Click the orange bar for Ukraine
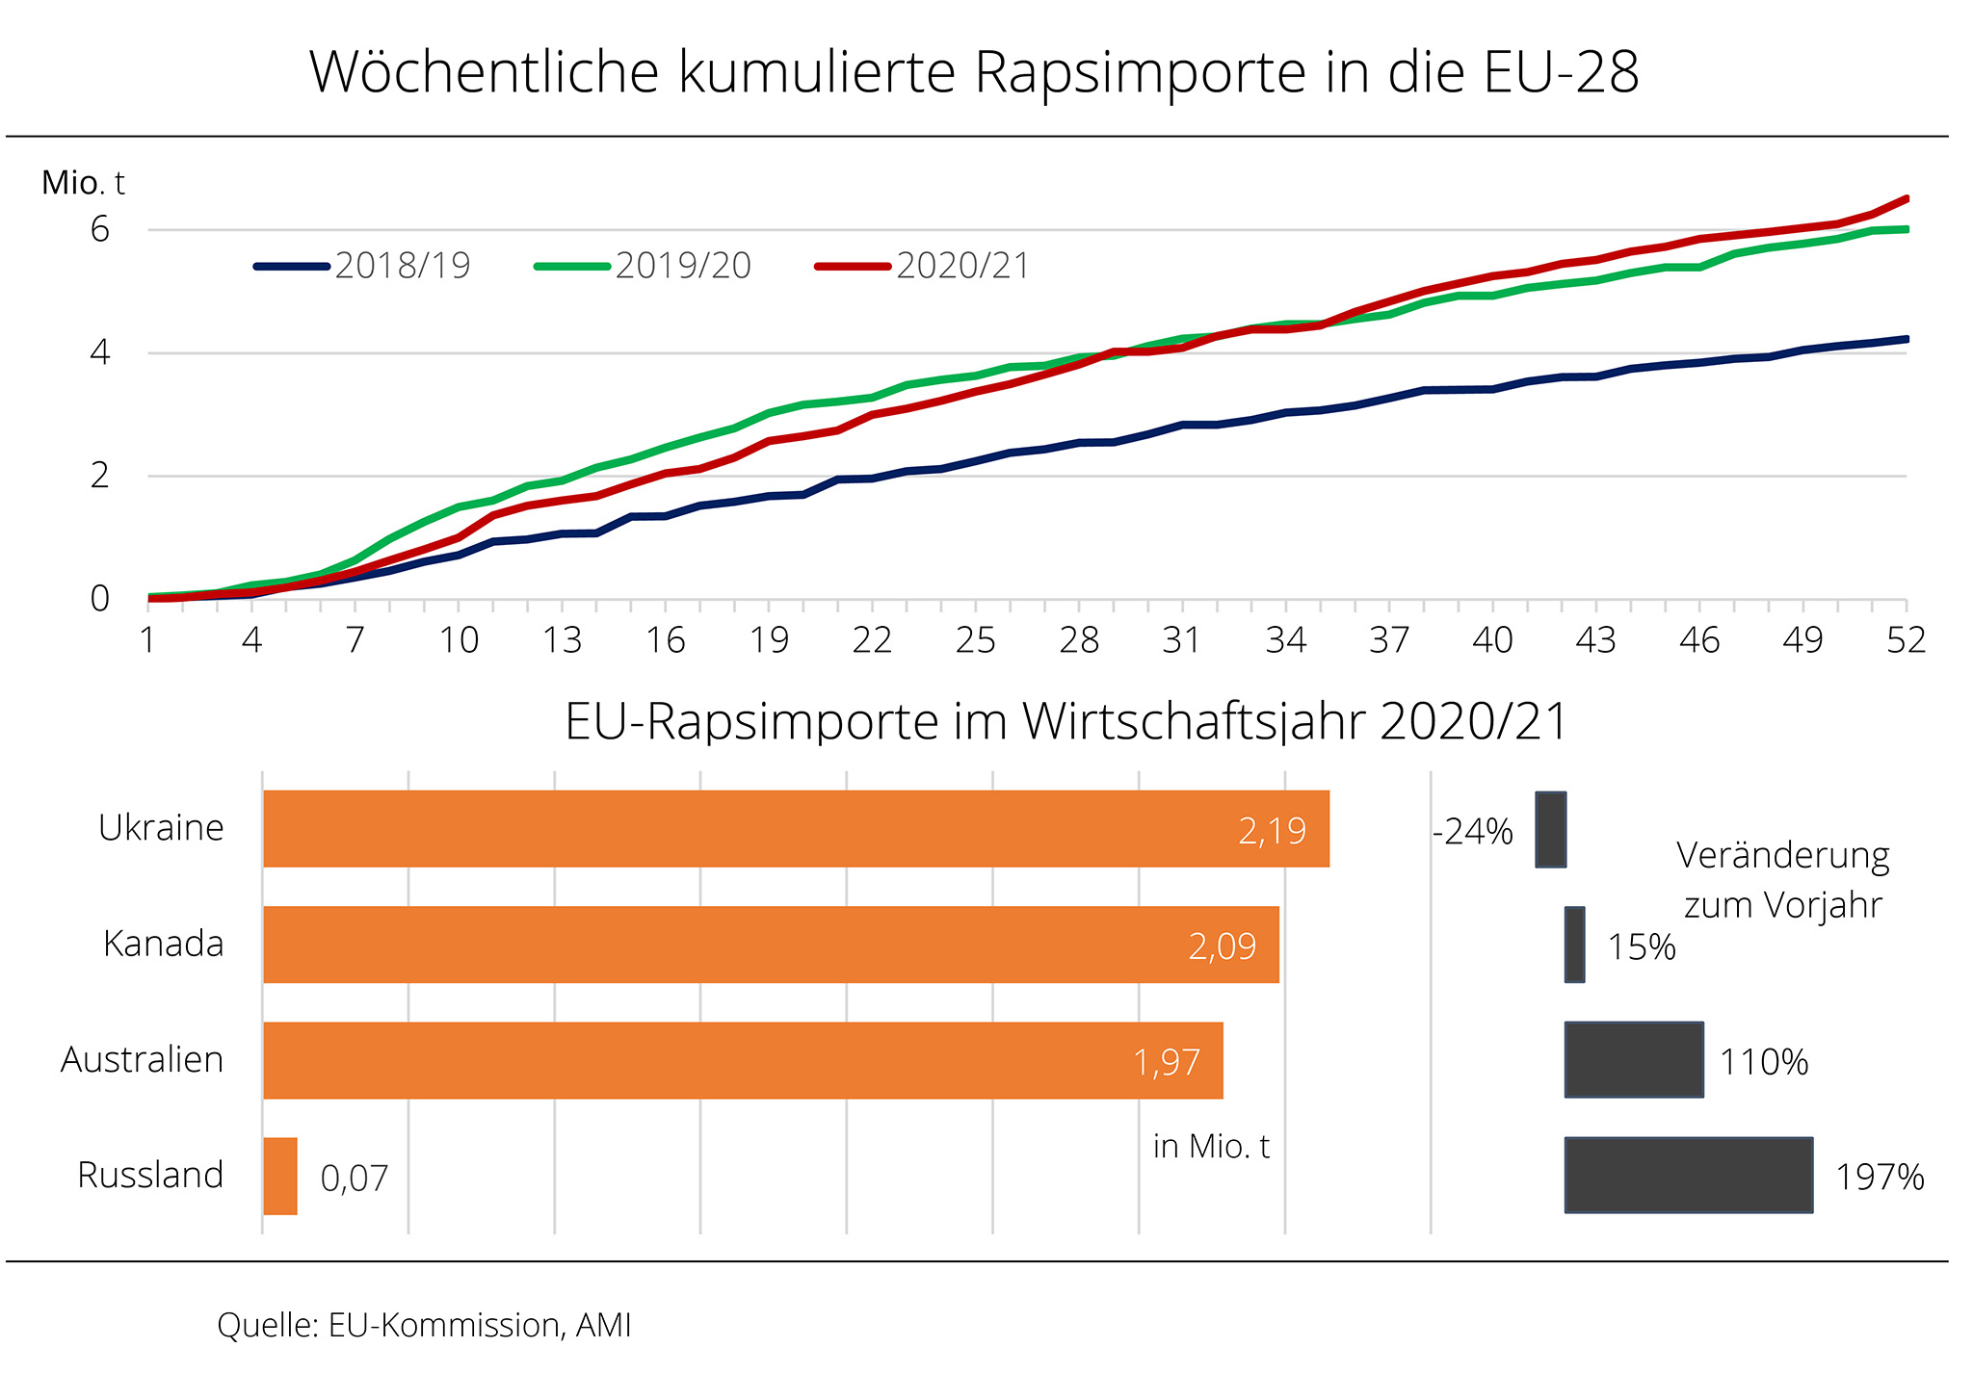pos(796,829)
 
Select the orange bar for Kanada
pos(771,945)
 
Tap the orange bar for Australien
pos(743,1060)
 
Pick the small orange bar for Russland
pos(280,1176)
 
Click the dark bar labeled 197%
pos(1689,1175)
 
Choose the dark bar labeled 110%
pos(1634,1059)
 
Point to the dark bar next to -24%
pos(1550,829)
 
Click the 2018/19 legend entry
pos(362,266)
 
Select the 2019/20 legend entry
pos(643,266)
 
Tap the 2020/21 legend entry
pos(922,266)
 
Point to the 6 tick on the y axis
pos(100,230)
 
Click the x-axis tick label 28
pos(1079,640)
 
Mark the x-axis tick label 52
pos(1906,640)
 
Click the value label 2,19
pos(1272,831)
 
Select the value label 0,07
pos(354,1178)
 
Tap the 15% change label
pos(1642,947)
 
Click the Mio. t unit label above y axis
pos(83,183)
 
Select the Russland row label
pos(150,1176)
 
